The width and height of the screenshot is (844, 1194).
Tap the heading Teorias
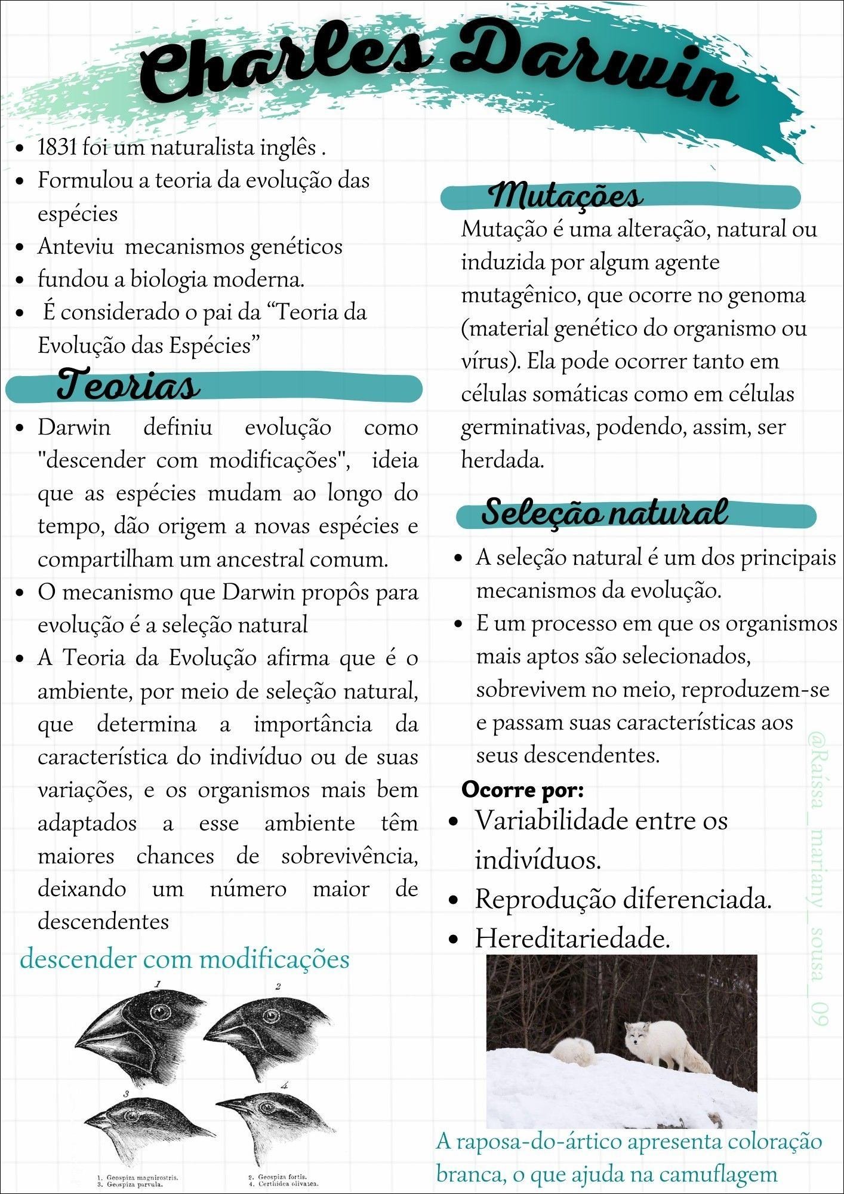tap(128, 386)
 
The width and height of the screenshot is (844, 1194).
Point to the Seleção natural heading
tap(604, 512)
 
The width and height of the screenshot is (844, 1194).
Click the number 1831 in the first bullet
tap(57, 147)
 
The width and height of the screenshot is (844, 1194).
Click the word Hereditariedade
tap(572, 938)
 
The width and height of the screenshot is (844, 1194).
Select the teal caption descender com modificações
tap(184, 959)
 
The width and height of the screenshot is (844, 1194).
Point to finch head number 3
tap(137, 1122)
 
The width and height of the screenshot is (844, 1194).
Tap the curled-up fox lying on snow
tap(574, 1051)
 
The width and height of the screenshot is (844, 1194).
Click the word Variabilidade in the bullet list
tap(552, 820)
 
